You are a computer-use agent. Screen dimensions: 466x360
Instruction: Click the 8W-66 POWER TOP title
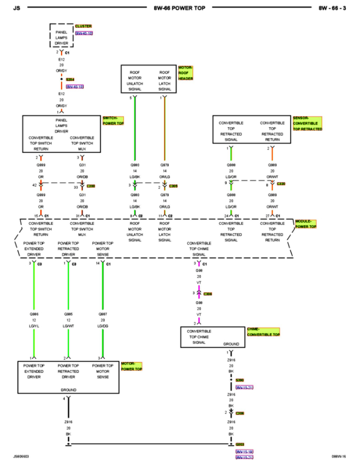coord(179,8)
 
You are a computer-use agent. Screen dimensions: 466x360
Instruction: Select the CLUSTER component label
coord(83,26)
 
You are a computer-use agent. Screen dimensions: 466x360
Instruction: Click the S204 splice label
coord(70,79)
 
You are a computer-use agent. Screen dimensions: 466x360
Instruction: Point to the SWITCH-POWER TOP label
coord(113,120)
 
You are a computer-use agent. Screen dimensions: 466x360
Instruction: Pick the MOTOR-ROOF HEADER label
coord(185,73)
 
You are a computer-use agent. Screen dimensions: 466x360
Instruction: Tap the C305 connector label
coord(173,186)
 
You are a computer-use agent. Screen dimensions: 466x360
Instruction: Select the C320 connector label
coord(281,184)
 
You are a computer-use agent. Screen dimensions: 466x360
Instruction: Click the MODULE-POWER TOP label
coord(306,224)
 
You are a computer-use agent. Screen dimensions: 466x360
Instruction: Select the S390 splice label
coord(240,380)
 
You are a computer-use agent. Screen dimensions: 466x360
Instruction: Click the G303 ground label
coord(240,444)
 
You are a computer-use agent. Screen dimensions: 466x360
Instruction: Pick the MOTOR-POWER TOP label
coord(131,366)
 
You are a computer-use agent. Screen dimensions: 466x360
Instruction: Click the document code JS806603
coord(21,456)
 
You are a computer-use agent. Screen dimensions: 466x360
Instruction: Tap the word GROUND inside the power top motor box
coord(68,390)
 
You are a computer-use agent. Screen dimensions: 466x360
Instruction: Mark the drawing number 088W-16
coord(339,456)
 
